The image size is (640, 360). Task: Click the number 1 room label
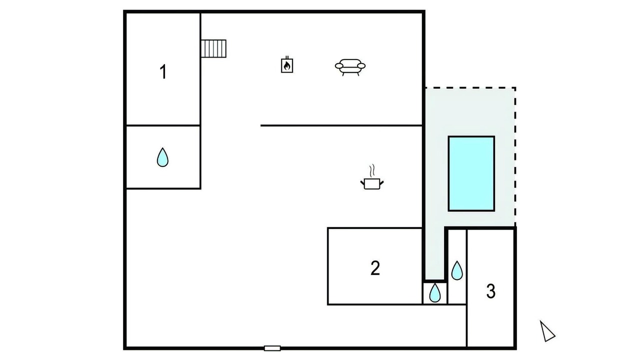163,71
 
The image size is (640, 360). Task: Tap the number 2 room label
375,268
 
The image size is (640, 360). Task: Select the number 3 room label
490,291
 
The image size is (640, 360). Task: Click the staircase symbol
213,48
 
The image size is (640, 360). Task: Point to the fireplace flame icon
287,64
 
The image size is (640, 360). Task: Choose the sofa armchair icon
350,67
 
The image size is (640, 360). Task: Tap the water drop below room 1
162,157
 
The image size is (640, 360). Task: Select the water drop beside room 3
457,270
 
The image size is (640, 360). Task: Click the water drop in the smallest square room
435,292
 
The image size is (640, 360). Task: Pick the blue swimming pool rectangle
471,173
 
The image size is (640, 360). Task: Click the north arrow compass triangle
547,331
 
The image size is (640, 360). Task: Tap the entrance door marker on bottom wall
272,348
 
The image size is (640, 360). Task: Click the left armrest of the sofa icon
339,66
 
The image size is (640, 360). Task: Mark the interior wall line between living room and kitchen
341,125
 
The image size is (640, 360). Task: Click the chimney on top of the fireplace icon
287,57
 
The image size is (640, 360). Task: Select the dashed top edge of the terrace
470,87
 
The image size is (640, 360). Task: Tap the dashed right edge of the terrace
515,157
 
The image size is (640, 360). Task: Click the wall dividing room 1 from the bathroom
163,125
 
